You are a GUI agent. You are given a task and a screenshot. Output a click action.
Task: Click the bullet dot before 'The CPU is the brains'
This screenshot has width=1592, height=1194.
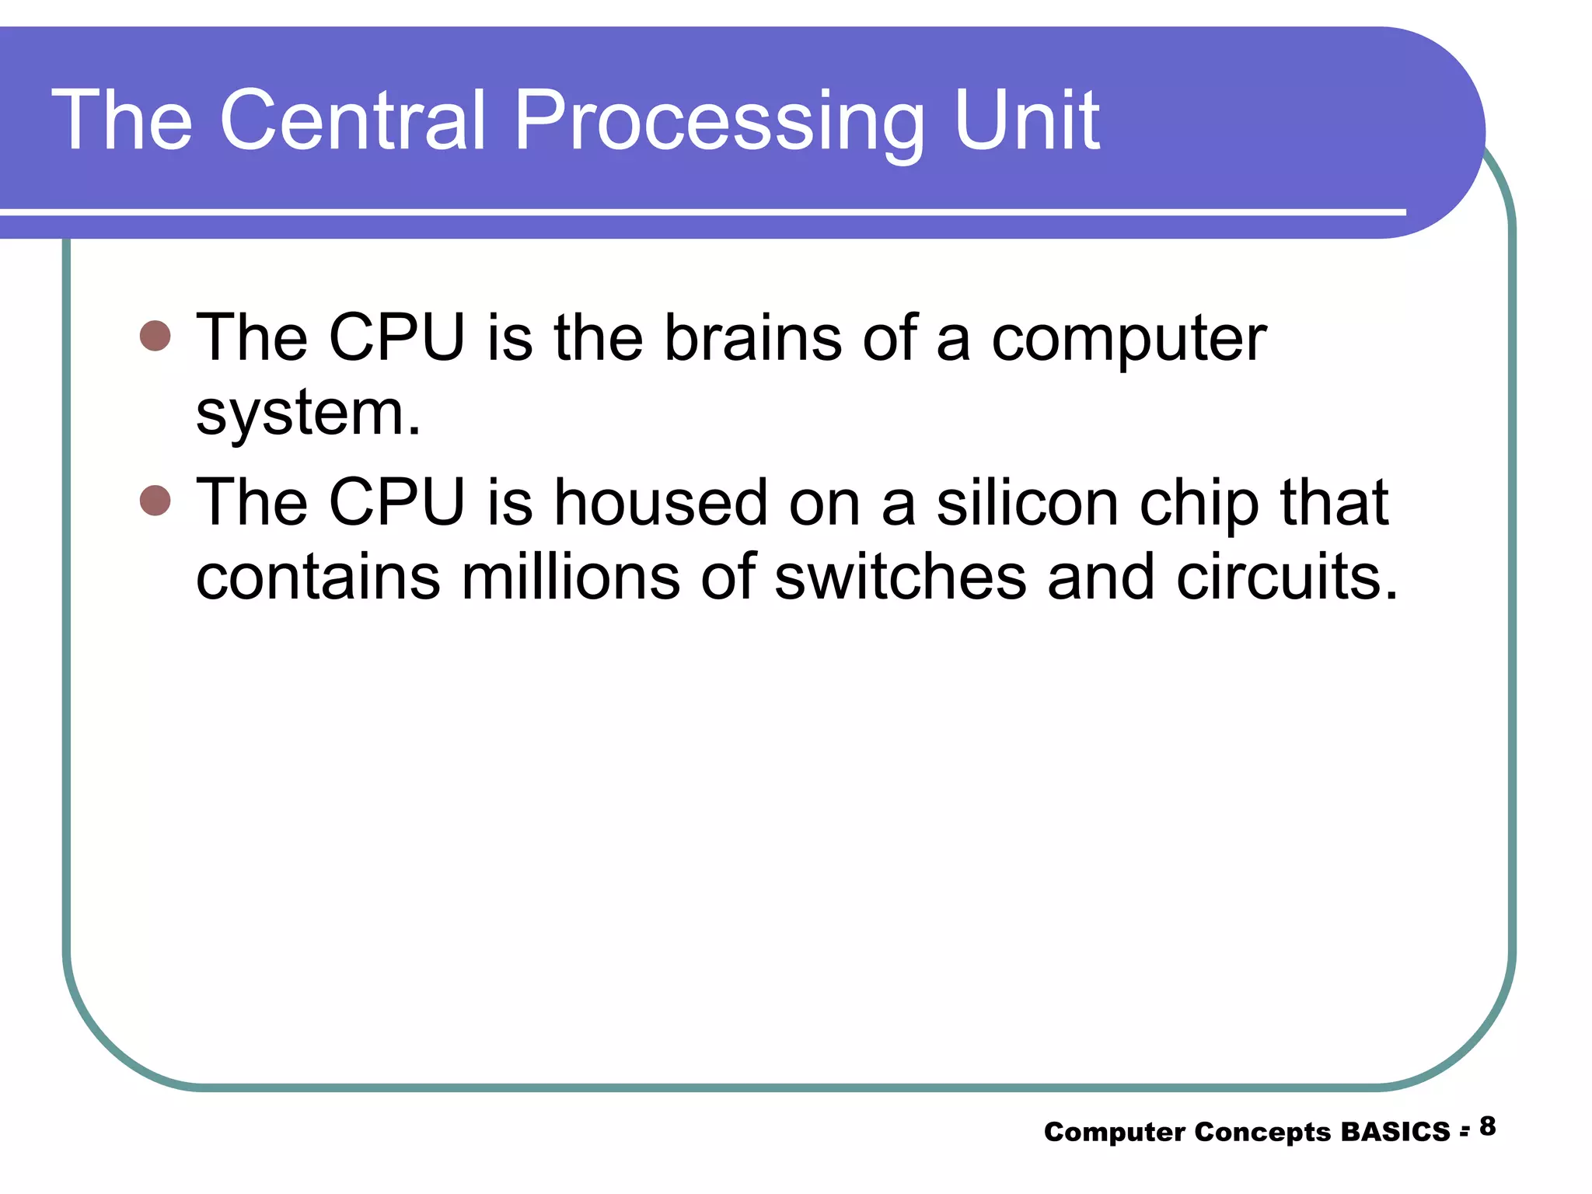(155, 336)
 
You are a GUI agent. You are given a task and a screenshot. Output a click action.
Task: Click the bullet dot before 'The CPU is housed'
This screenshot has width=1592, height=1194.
(155, 501)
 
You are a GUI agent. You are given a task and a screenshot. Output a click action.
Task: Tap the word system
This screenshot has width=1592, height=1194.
(308, 414)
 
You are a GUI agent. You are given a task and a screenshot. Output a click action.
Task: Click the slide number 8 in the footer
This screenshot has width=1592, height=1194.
(1487, 1126)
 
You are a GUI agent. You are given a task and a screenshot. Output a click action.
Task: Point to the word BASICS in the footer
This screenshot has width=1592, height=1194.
(1395, 1132)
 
